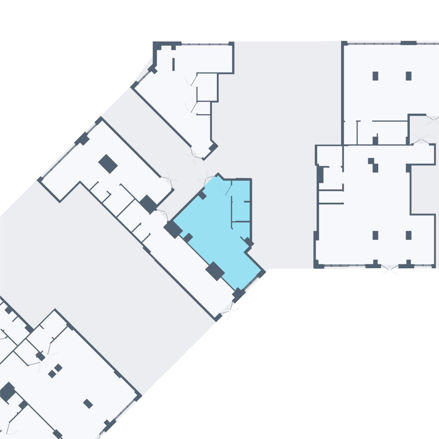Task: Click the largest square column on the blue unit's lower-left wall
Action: click(x=215, y=271)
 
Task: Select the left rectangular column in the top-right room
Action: click(x=375, y=76)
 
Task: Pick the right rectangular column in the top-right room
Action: click(x=408, y=76)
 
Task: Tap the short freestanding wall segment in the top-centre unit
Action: click(x=173, y=64)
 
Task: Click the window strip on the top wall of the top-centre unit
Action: click(x=205, y=44)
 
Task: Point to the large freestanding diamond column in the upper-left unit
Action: click(x=108, y=164)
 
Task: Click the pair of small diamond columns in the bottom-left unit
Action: click(x=55, y=371)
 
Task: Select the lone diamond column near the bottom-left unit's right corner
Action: click(x=88, y=404)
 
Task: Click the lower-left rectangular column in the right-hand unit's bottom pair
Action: click(x=375, y=235)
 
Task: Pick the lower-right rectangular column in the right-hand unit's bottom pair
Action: click(x=408, y=235)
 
